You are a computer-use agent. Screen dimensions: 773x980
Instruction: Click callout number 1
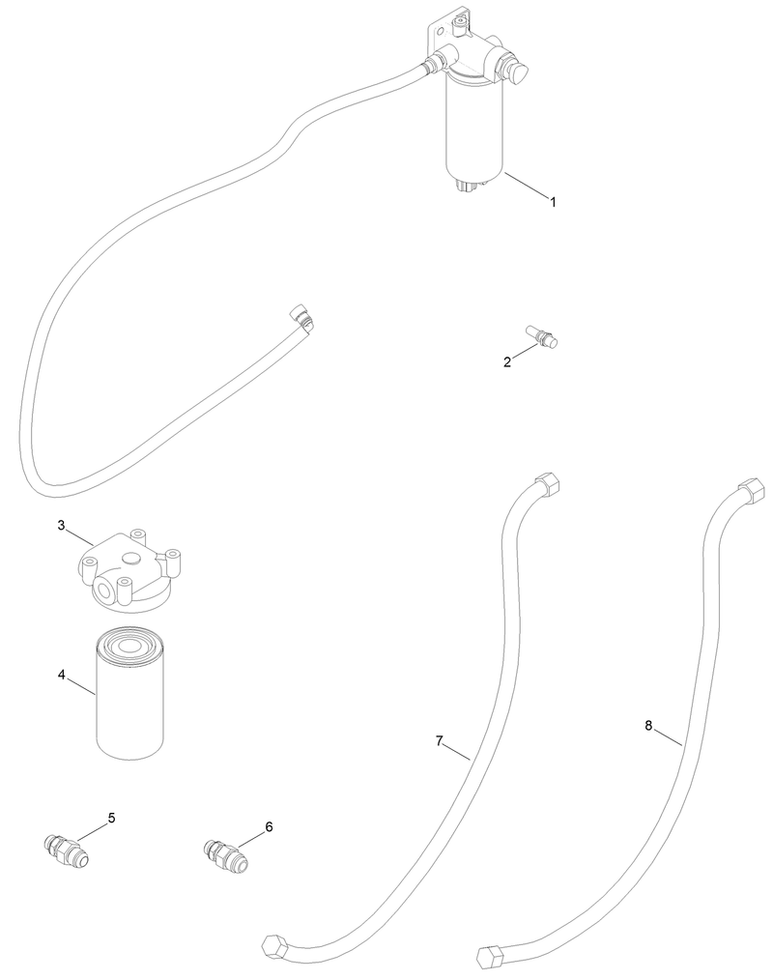click(x=553, y=201)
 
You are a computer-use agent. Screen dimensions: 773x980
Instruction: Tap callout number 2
click(x=506, y=361)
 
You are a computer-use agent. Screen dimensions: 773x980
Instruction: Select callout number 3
click(x=61, y=525)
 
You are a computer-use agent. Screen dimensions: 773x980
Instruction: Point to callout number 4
click(x=61, y=675)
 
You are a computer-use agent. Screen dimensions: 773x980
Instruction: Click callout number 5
click(x=112, y=818)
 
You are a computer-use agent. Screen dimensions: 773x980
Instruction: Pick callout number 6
click(x=270, y=827)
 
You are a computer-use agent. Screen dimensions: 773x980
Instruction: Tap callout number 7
click(x=440, y=740)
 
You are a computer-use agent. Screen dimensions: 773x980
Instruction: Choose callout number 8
click(x=648, y=725)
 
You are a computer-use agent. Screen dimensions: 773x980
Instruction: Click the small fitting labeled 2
click(x=541, y=336)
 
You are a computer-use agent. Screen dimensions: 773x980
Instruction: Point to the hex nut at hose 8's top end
click(x=753, y=489)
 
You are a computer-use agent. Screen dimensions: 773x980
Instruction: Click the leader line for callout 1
click(x=526, y=185)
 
